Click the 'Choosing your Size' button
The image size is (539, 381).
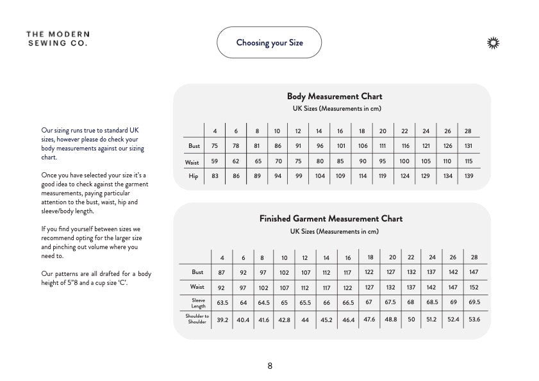[x=269, y=43]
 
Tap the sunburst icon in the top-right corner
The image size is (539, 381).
[x=493, y=43]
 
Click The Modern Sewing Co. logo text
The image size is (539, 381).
[x=58, y=38]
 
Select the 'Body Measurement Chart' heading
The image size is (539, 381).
[x=334, y=97]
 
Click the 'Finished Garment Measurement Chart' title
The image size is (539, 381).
[x=331, y=219]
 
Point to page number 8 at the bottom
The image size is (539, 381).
[x=270, y=366]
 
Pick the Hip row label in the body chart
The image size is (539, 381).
[x=194, y=176]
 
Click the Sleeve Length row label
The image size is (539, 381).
[x=198, y=303]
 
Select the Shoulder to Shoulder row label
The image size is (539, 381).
[x=197, y=319]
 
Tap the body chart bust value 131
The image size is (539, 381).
[x=468, y=146]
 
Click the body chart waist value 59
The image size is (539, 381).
[x=215, y=162]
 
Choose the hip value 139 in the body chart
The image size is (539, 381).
[x=469, y=176]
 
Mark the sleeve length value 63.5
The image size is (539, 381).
[x=223, y=302]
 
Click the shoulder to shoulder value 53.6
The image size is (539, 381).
[x=474, y=319]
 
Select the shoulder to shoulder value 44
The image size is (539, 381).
[x=305, y=319]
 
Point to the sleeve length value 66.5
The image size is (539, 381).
[x=348, y=302]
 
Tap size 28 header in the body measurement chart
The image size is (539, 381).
[x=468, y=131]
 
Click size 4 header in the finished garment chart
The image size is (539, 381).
[x=222, y=257]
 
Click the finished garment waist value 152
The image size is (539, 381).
[x=474, y=288]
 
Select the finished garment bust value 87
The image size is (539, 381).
[x=222, y=272]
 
